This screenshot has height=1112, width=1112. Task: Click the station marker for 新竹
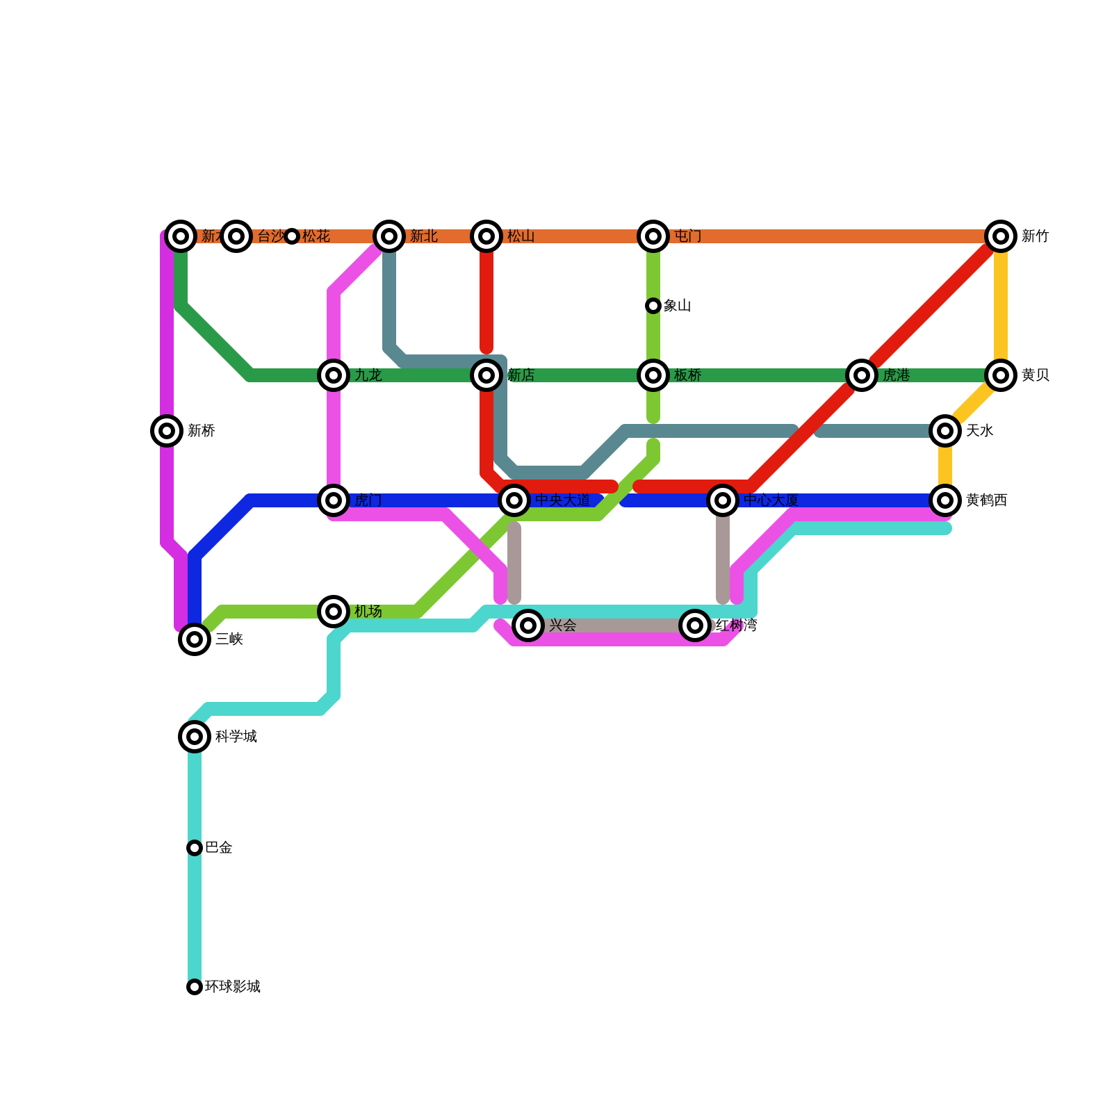coord(1001,236)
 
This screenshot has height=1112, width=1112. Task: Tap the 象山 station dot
coord(653,306)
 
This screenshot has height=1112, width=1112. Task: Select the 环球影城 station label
coord(233,987)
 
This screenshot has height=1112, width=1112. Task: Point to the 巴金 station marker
coord(195,848)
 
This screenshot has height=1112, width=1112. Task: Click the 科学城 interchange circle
coord(195,737)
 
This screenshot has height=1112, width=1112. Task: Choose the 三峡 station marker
coord(195,639)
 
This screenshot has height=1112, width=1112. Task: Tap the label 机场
coord(368,612)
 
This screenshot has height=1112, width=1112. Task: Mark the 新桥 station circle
coord(167,431)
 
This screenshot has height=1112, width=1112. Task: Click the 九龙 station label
coord(368,375)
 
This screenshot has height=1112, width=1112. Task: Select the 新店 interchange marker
coord(486,375)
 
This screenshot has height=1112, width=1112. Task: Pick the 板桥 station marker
coord(653,375)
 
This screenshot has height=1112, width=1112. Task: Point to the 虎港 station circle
coord(862,375)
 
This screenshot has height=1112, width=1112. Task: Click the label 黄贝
coord(1036,375)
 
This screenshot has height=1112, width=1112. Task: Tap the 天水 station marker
coord(945,431)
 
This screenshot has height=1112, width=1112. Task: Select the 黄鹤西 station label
coord(987,500)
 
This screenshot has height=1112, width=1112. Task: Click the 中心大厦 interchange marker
coord(723,500)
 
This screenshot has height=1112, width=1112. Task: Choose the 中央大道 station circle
coord(514,500)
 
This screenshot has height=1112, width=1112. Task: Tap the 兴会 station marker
coord(528,625)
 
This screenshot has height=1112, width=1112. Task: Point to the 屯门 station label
coord(688,236)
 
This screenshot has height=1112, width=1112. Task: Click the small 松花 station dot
coord(292,236)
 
